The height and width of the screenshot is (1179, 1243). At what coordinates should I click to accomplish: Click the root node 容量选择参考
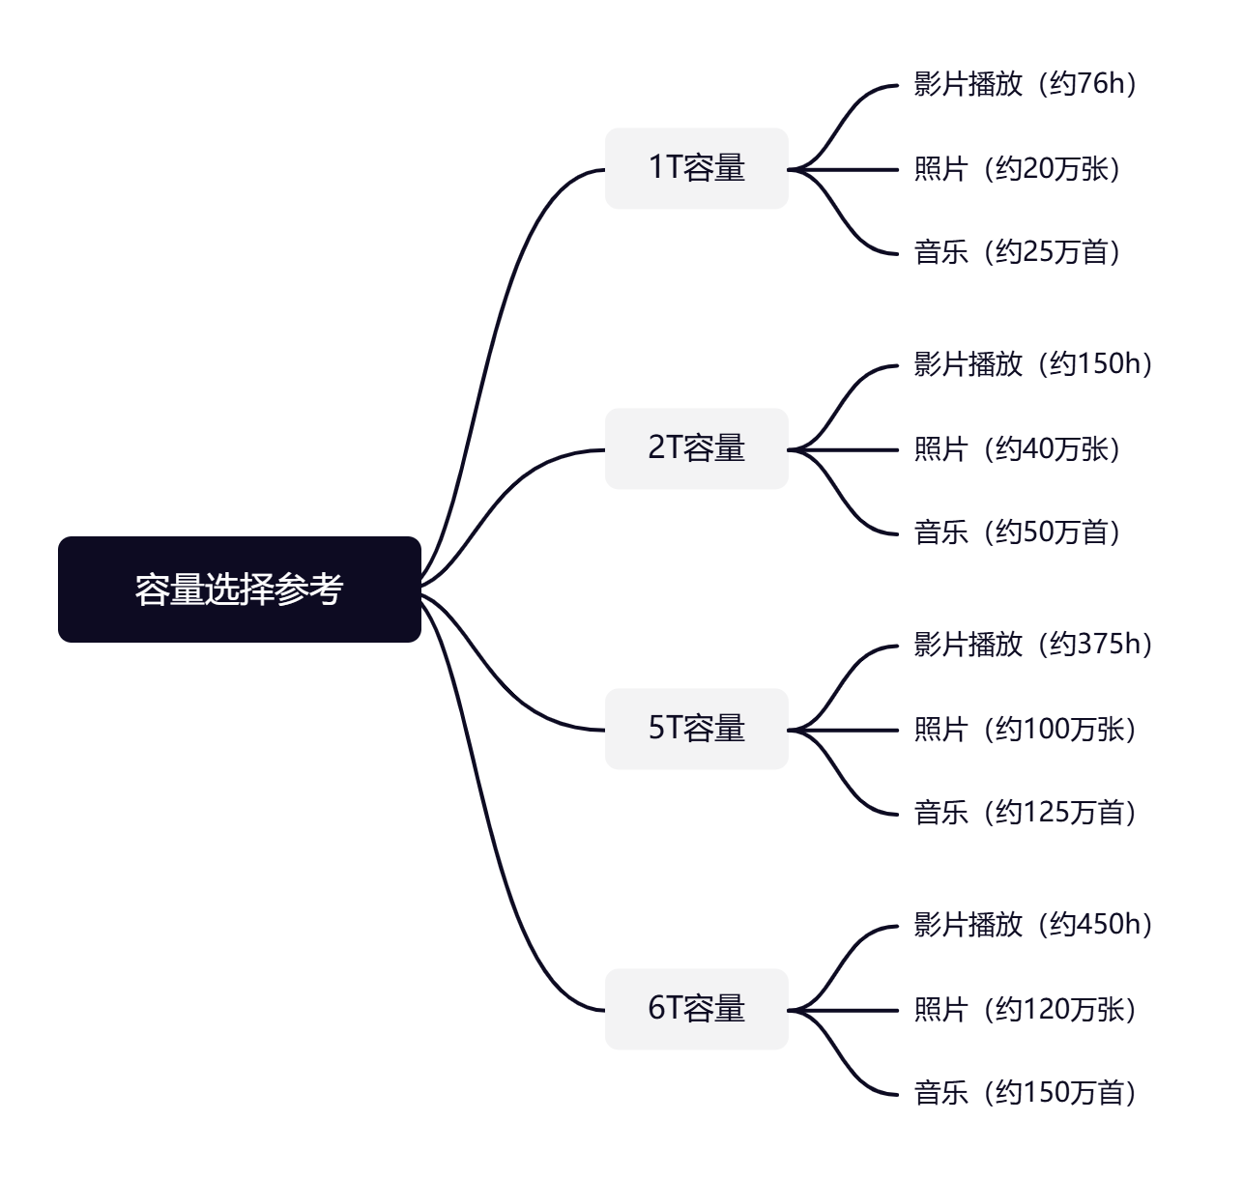240,589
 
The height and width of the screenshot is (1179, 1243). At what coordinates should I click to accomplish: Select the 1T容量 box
697,168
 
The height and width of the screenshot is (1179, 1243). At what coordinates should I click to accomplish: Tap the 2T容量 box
697,448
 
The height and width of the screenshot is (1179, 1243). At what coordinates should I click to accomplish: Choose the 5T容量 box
697,729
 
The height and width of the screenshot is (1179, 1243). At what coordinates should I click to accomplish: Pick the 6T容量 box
697,1009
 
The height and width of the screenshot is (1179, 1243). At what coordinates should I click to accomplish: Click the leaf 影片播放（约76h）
1025,84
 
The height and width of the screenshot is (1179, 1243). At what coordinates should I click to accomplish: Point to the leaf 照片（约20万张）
1017,169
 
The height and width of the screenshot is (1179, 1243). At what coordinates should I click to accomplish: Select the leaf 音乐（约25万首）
1017,252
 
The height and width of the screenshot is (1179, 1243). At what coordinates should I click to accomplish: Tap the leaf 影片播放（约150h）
1033,364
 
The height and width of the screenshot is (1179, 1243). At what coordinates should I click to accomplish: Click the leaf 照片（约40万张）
1017,449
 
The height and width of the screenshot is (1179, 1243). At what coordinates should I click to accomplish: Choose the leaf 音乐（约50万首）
1017,532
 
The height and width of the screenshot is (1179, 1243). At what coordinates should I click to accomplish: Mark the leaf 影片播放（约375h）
1033,645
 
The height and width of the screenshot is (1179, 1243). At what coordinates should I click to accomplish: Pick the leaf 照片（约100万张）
1025,730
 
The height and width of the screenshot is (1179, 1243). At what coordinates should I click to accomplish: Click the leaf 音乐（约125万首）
1025,813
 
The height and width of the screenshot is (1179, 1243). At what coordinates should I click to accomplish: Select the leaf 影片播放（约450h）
1033,925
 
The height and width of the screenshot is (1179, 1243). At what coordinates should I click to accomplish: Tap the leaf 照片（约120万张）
1025,1010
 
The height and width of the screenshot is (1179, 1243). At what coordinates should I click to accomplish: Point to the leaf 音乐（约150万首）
1025,1093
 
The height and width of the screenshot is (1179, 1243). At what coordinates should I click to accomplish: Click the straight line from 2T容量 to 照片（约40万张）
843,450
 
